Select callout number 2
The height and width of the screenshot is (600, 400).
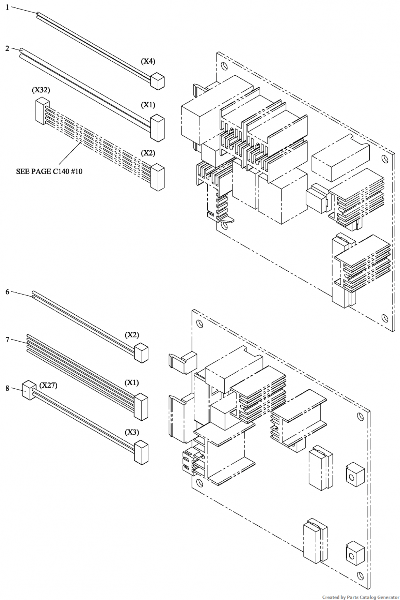point(7,48)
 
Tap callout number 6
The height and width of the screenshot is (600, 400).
point(7,292)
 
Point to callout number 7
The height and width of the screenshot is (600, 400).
point(7,340)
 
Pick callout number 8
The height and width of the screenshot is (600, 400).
point(7,388)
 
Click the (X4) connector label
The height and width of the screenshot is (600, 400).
point(148,61)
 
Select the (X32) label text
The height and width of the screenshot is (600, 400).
point(41,90)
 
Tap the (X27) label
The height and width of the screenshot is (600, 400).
point(48,386)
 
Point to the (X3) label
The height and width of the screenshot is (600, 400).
point(132,432)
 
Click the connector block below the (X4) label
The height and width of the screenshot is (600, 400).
point(158,81)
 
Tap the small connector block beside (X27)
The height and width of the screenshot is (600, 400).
point(29,389)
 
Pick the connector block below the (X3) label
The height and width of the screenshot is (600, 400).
point(141,452)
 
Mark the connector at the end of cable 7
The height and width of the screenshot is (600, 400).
point(141,406)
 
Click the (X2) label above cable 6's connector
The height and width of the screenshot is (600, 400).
point(132,335)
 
